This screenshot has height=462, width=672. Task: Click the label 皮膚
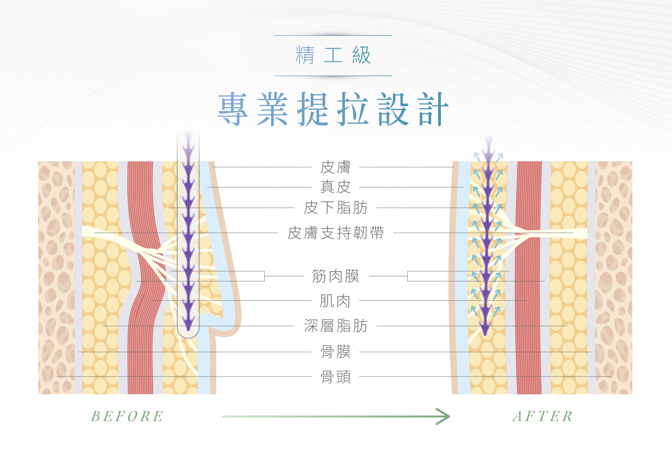coord(335,167)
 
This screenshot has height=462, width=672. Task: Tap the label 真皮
coord(335,187)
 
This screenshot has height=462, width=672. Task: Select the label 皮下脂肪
coord(335,208)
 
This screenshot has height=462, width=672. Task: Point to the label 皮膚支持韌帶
coord(335,233)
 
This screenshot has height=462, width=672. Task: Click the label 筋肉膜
coord(335,276)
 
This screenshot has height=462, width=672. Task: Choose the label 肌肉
coord(335,301)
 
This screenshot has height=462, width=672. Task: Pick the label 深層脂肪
coord(335,326)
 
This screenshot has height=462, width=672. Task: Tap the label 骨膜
coord(335,352)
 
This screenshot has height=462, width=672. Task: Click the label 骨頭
coord(335,377)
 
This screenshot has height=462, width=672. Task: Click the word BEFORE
coord(127,416)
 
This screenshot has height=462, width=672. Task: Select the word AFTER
coord(542,416)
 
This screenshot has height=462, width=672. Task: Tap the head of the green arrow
coord(445,416)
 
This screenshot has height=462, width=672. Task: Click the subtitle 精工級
coord(333,55)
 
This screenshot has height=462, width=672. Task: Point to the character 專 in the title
coord(233,109)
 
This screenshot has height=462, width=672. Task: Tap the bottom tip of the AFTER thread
coord(485,333)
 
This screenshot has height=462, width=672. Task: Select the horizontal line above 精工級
coord(333,36)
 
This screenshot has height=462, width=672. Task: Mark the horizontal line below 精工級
coord(333,76)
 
